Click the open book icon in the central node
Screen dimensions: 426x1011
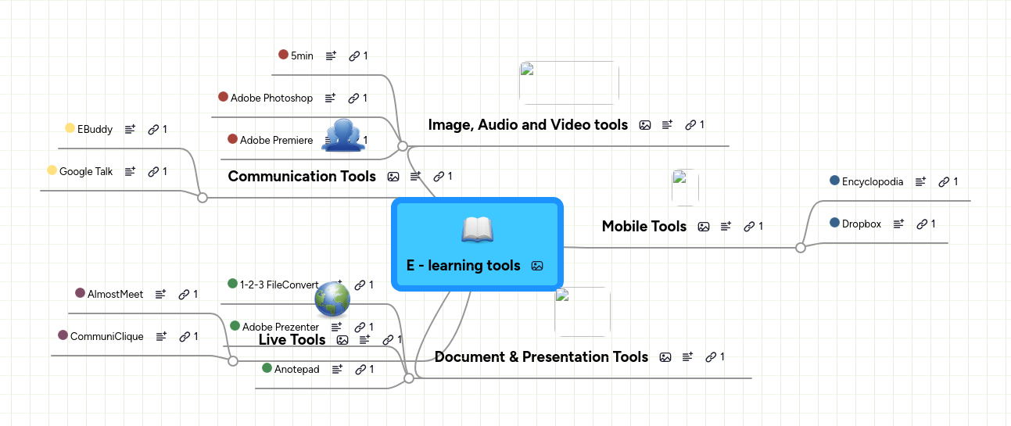tap(477, 229)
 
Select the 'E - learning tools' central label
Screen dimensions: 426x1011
tap(463, 266)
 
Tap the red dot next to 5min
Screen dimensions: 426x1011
tap(283, 55)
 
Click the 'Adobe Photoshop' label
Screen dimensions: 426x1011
tap(271, 98)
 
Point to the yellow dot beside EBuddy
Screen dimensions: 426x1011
tap(70, 129)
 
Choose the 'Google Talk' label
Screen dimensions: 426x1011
tap(86, 171)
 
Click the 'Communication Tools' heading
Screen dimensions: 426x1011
tap(302, 177)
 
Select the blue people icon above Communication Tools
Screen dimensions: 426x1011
tap(343, 134)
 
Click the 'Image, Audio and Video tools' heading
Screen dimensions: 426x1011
tap(528, 125)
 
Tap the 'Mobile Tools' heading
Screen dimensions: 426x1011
tap(644, 227)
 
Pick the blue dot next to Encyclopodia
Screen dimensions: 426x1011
tap(834, 181)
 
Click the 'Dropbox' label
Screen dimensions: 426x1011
tap(861, 224)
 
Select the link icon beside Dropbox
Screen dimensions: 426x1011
tap(922, 224)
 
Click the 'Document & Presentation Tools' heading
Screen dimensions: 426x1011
tap(541, 357)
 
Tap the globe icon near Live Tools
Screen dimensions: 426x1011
tap(332, 299)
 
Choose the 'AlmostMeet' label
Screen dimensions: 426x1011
tap(115, 295)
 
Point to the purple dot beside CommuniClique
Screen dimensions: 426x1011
tap(63, 335)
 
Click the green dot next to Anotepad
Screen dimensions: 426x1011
tap(267, 368)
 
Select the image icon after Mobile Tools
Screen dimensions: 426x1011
tap(704, 227)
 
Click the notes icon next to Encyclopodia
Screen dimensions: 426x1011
tap(921, 181)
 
